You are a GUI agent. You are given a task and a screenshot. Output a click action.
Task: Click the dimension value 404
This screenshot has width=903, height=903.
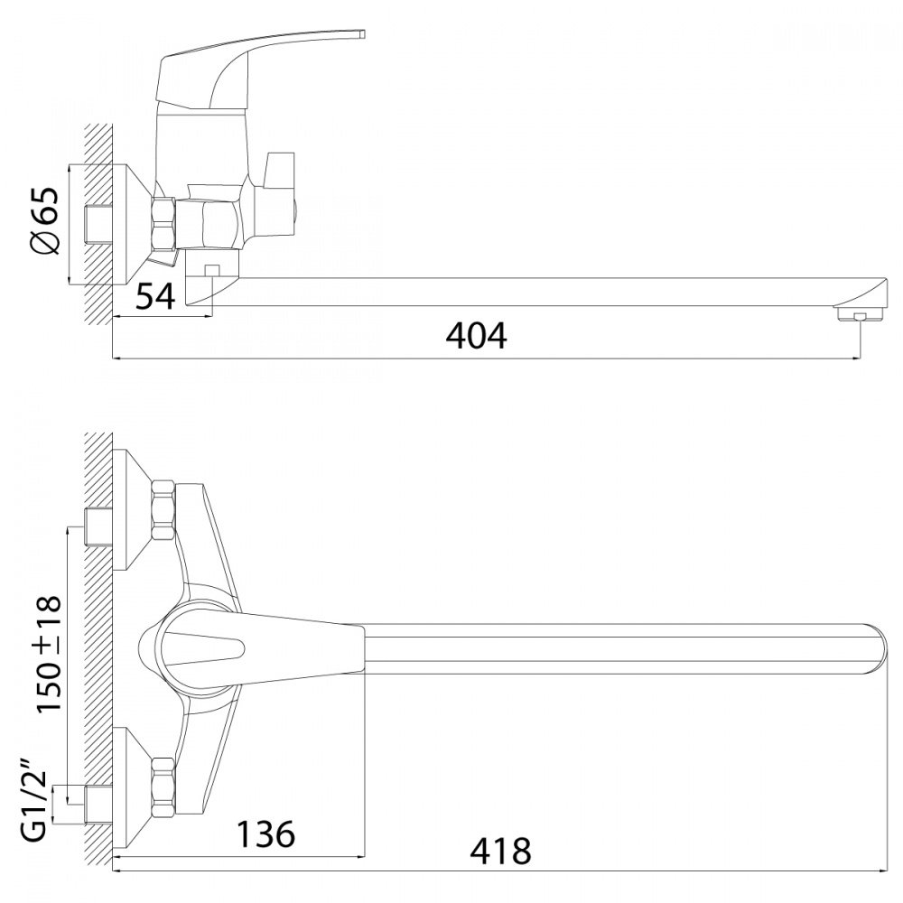coord(476,336)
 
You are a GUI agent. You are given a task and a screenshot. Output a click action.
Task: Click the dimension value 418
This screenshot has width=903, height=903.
coord(500,852)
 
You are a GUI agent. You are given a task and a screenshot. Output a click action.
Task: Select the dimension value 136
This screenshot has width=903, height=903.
coord(265,833)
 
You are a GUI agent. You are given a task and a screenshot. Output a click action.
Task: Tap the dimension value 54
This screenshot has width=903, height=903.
coord(155,296)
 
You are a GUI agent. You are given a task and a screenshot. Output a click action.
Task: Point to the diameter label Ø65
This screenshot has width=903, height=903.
coord(45,220)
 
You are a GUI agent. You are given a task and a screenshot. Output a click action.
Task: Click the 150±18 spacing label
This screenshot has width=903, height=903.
coord(49,654)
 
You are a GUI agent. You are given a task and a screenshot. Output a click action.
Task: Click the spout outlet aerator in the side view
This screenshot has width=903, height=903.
coord(859,315)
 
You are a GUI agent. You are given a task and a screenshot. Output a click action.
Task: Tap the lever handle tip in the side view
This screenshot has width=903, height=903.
coord(362,34)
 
